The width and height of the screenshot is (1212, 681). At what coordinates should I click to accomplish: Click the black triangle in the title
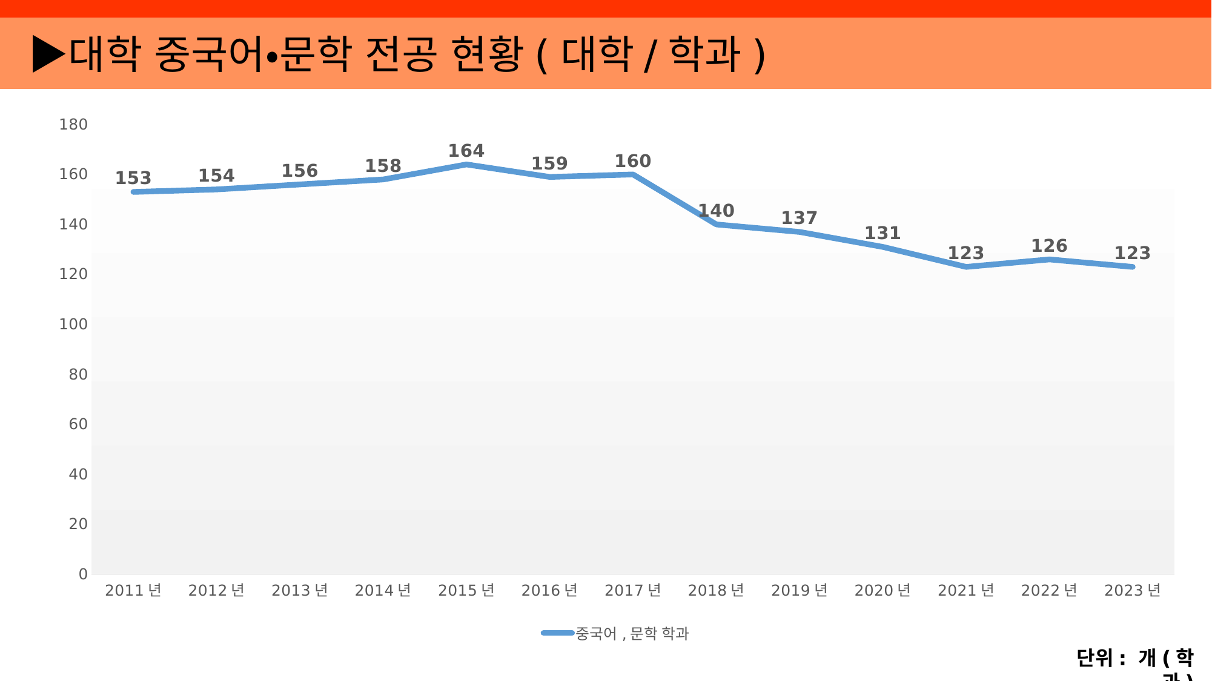[x=48, y=54]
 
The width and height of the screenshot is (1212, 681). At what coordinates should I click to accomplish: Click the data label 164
[x=466, y=151]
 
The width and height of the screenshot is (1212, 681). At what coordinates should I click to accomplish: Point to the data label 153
[x=133, y=178]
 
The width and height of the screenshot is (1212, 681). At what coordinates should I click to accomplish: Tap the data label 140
[x=716, y=211]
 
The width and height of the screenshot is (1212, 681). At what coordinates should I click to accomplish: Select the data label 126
[x=1049, y=246]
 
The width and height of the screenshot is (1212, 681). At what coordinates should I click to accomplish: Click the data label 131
[x=883, y=233]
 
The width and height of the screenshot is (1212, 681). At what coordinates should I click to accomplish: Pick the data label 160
[x=633, y=161]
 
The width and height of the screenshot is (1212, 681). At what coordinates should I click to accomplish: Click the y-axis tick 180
[x=73, y=125]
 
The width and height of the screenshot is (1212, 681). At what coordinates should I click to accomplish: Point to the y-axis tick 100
[x=73, y=324]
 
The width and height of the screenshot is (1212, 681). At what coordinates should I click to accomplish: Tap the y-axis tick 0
[x=83, y=574]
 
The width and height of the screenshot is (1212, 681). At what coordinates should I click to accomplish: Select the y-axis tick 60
[x=78, y=424]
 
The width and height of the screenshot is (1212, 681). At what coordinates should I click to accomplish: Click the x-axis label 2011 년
[x=133, y=590]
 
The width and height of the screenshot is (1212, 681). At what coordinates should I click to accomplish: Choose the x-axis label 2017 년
[x=633, y=590]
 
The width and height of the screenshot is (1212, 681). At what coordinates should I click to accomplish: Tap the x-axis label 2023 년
[x=1132, y=590]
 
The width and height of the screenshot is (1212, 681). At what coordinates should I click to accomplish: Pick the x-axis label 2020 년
[x=883, y=590]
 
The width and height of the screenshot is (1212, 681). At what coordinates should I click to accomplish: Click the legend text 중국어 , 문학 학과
[x=632, y=634]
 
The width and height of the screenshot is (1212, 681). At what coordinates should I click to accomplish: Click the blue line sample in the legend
[x=557, y=633]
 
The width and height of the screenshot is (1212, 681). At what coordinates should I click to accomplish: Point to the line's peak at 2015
[x=466, y=164]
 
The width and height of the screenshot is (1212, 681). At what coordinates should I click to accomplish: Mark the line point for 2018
[x=717, y=224]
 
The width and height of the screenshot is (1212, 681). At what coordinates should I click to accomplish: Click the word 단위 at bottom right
[x=1094, y=657]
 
